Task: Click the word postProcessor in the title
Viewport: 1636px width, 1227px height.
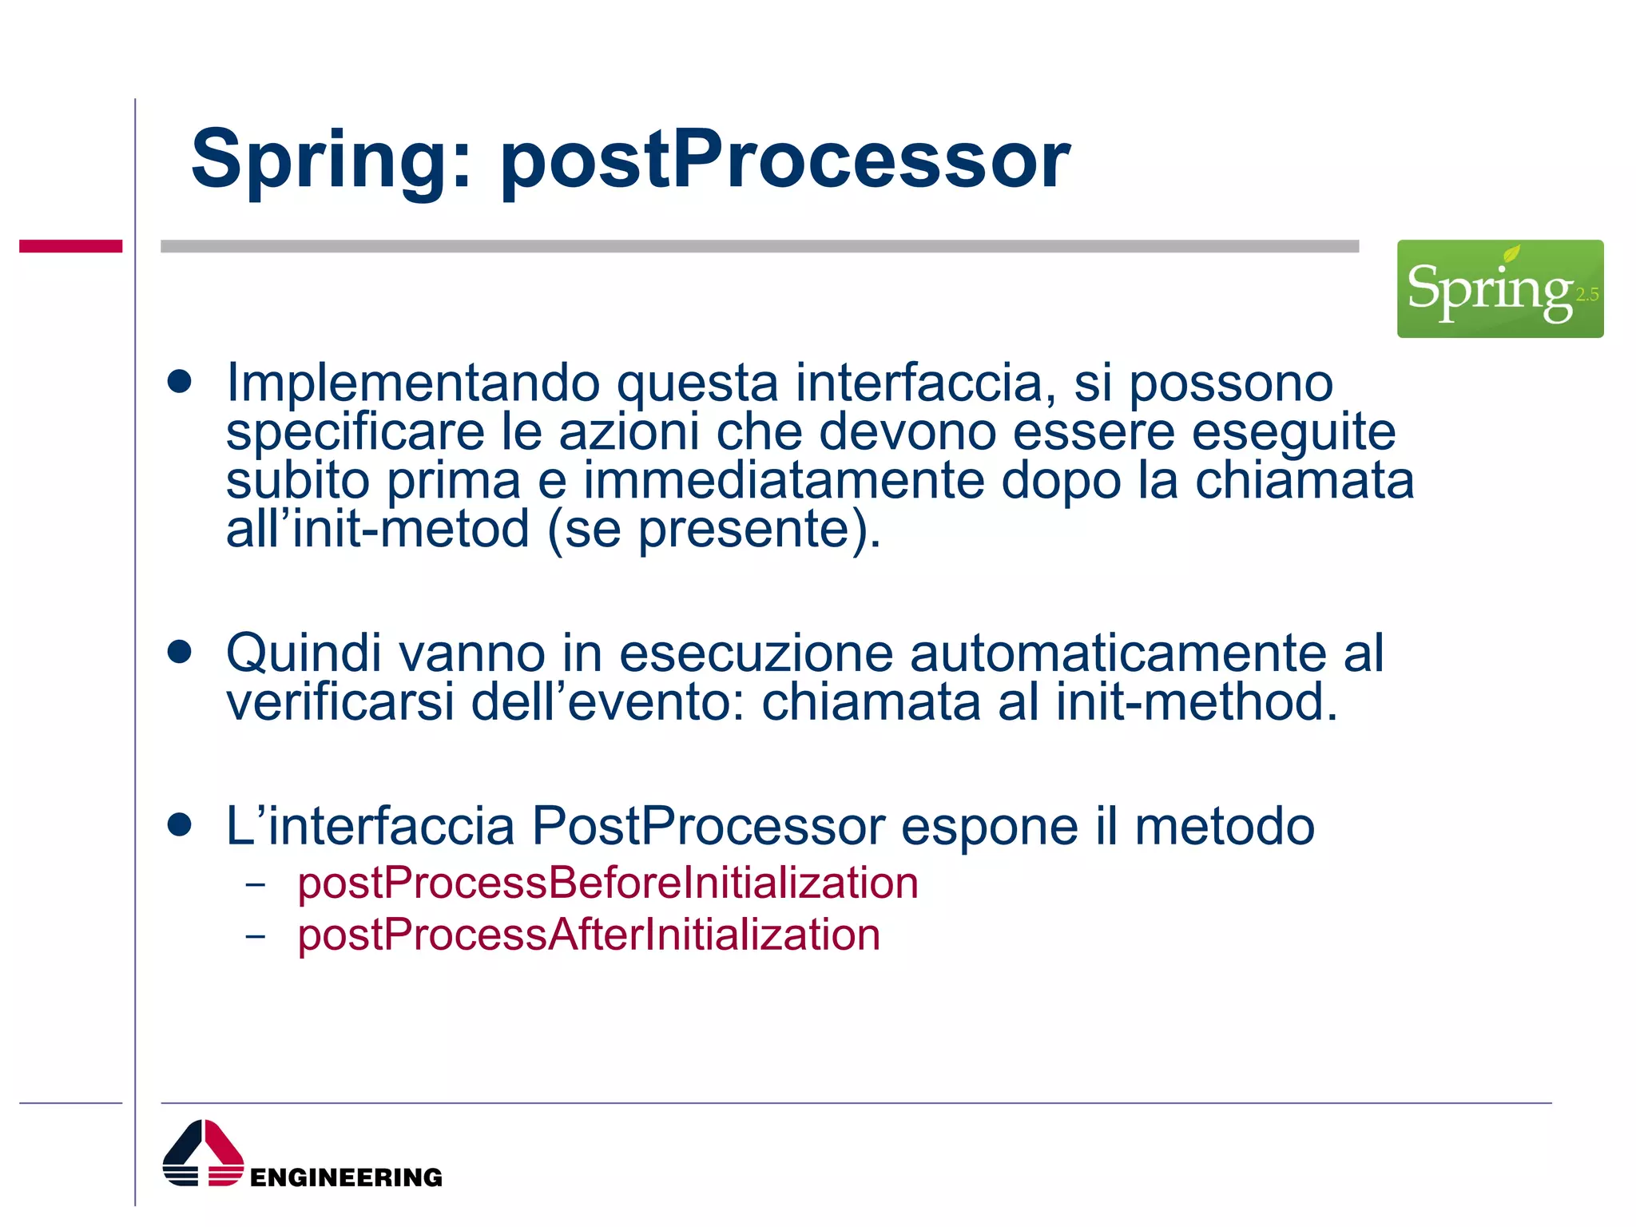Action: click(x=784, y=162)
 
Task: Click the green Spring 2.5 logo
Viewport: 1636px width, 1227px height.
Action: click(x=1499, y=288)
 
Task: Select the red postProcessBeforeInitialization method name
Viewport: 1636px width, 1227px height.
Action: click(x=607, y=884)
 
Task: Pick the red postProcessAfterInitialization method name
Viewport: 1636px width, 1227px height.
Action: click(x=589, y=935)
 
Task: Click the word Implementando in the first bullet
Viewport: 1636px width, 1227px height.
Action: click(x=413, y=383)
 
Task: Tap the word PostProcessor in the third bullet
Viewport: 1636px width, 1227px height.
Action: click(x=708, y=826)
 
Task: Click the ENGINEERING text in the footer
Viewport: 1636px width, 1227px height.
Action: click(x=346, y=1177)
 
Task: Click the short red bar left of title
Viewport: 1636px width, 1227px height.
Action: click(x=70, y=246)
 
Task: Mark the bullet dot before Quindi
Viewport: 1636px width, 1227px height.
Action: click(x=180, y=652)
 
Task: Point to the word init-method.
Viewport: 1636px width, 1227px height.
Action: click(x=1196, y=702)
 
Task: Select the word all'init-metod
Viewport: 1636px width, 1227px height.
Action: click(x=377, y=530)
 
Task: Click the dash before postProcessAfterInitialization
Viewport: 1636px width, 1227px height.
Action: click(x=256, y=935)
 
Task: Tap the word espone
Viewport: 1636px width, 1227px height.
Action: click(x=989, y=826)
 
